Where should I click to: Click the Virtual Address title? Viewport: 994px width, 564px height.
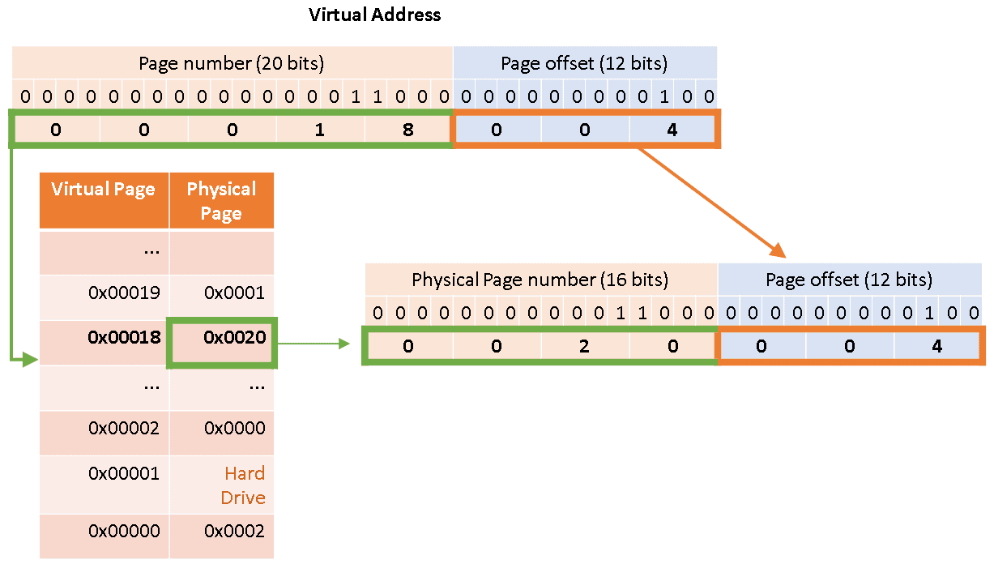point(375,15)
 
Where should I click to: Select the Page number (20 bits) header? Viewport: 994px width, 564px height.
point(232,63)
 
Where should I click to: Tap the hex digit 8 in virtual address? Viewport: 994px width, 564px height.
point(407,130)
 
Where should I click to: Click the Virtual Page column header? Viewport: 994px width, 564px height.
point(104,190)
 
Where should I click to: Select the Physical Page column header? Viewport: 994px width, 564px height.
point(221,200)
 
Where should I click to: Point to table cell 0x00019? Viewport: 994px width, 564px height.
point(124,293)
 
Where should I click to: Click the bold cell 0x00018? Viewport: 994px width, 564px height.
point(124,338)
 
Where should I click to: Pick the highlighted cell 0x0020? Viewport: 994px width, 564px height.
point(234,338)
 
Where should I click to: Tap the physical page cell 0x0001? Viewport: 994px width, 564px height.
point(234,293)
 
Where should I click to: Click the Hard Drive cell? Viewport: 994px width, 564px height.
point(244,485)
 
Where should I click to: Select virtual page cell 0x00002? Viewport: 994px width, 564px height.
point(124,429)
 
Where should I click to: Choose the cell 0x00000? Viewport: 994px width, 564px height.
point(124,532)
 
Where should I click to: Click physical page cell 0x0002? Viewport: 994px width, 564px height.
point(234,532)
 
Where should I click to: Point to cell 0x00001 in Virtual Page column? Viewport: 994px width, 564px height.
point(124,473)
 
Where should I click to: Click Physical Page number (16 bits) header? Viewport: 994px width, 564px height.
point(540,280)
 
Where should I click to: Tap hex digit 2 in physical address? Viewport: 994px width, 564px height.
point(584,346)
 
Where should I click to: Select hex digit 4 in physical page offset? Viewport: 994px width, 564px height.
point(937,346)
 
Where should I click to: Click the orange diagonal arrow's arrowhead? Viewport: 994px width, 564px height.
point(779,250)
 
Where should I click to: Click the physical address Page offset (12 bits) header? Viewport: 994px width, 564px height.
point(849,280)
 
